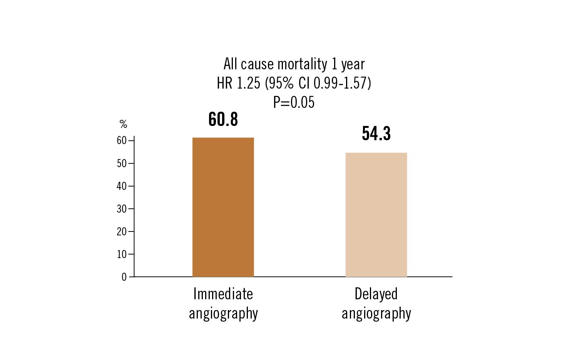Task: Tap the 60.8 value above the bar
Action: coord(223,119)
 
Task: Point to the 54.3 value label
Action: coord(376,134)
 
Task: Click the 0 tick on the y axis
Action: coord(124,277)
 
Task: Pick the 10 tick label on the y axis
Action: coord(122,254)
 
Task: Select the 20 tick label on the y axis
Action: coord(122,231)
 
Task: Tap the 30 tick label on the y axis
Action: coord(122,209)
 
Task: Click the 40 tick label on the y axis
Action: coord(122,186)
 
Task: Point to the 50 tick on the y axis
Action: coord(122,163)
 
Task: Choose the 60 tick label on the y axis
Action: coord(122,141)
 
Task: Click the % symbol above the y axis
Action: coord(123,124)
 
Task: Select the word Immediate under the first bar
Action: coord(223,294)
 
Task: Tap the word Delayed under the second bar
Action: coord(376,294)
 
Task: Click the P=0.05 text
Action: coord(294,102)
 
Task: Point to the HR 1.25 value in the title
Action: coord(238,83)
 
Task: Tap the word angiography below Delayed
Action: coord(376,314)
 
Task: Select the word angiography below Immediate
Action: coord(223,314)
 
